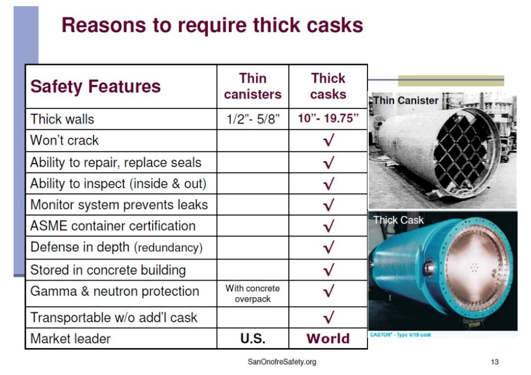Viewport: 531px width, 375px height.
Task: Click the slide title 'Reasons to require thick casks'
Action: pyautogui.click(x=212, y=25)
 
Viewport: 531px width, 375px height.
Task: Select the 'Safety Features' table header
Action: pyautogui.click(x=96, y=86)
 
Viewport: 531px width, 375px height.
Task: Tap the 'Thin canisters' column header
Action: pyautogui.click(x=253, y=86)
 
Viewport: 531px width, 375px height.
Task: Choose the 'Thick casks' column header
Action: pyautogui.click(x=328, y=86)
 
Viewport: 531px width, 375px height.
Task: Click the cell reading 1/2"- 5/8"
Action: pyautogui.click(x=253, y=119)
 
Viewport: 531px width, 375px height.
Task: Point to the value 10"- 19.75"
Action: pyautogui.click(x=328, y=118)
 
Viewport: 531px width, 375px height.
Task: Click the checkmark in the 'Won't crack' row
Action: pyautogui.click(x=329, y=140)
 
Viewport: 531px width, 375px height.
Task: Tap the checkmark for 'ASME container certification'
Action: pyautogui.click(x=329, y=226)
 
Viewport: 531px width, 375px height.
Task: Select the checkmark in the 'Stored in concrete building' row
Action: pyautogui.click(x=329, y=270)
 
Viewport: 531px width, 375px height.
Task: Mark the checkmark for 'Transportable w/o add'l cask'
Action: pyautogui.click(x=329, y=317)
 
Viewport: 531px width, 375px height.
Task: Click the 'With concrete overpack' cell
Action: pyautogui.click(x=253, y=293)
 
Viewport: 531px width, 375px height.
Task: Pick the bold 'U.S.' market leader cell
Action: pyautogui.click(x=253, y=338)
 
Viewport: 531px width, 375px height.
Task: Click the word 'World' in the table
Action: pyautogui.click(x=328, y=338)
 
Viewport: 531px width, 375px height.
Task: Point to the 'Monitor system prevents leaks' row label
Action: pyautogui.click(x=119, y=205)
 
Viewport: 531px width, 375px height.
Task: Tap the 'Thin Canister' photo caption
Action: pyautogui.click(x=406, y=100)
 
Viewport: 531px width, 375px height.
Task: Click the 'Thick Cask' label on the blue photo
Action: pyautogui.click(x=398, y=220)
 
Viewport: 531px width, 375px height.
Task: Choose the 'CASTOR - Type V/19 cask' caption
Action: pyautogui.click(x=400, y=335)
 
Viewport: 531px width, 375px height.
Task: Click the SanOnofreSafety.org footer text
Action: pyautogui.click(x=282, y=362)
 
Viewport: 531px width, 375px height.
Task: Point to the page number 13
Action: pyautogui.click(x=494, y=362)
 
